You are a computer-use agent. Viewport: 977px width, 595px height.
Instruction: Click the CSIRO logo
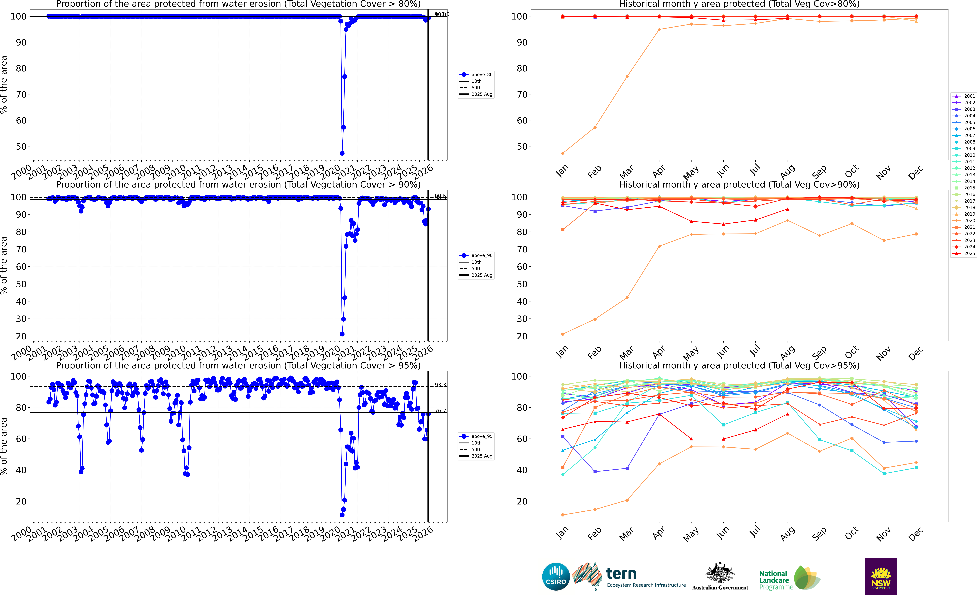[556, 576]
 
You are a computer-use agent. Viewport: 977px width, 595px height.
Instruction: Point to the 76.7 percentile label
[440, 411]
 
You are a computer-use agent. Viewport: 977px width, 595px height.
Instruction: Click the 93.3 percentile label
[440, 385]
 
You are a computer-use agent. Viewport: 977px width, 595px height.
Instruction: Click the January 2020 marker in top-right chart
[563, 153]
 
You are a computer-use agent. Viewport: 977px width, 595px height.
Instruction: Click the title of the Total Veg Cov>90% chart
[739, 184]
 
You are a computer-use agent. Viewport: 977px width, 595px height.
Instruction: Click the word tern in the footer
[621, 574]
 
